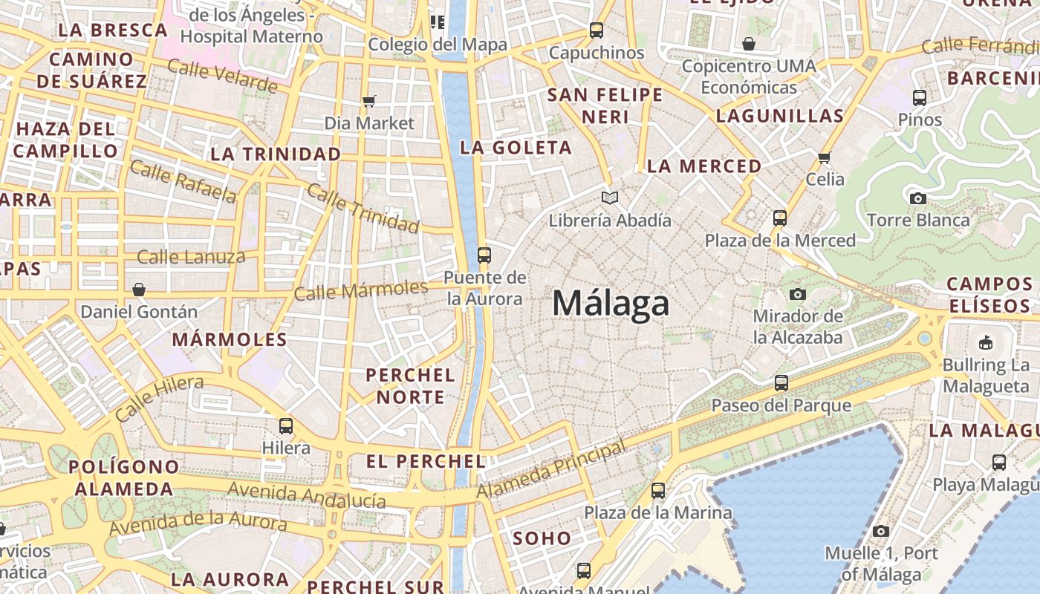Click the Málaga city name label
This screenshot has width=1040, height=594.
coord(611,304)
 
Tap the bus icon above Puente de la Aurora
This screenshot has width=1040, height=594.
coord(484,255)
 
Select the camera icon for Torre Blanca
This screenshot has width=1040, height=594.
coord(918,198)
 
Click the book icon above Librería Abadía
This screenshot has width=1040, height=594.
coord(610,198)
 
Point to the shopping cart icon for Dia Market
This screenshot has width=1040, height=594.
coord(369,101)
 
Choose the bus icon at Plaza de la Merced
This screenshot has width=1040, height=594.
coord(779,218)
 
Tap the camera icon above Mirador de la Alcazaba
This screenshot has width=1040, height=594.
coord(798,294)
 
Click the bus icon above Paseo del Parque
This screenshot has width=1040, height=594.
coord(781,383)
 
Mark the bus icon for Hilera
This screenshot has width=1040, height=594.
coord(286,426)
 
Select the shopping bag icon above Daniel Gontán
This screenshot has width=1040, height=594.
coord(139,290)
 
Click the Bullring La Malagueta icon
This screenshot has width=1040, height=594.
coord(986,342)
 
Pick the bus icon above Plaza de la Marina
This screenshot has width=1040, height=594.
coord(657,491)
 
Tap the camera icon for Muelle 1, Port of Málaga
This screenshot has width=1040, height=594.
coord(881,531)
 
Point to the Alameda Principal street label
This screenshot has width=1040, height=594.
coord(550,470)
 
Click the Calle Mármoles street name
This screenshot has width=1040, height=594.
coord(361,290)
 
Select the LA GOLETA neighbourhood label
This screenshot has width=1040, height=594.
coord(516,147)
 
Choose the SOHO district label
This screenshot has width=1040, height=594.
coord(542,538)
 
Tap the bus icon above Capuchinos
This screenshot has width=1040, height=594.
coord(597,30)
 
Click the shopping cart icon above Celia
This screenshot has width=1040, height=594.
coord(824,157)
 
